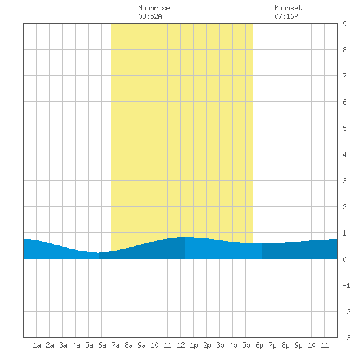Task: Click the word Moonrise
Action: pyautogui.click(x=154, y=8)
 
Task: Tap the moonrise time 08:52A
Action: pyautogui.click(x=150, y=16)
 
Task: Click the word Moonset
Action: pyautogui.click(x=288, y=8)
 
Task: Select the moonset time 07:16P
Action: pyautogui.click(x=286, y=16)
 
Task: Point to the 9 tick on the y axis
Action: pyautogui.click(x=344, y=24)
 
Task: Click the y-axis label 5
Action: pyautogui.click(x=344, y=128)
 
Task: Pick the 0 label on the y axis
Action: pyautogui.click(x=344, y=259)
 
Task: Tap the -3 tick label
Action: pyautogui.click(x=346, y=338)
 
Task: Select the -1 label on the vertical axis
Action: pyautogui.click(x=346, y=285)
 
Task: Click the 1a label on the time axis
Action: pyautogui.click(x=37, y=345)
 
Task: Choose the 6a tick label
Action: pyautogui.click(x=102, y=345)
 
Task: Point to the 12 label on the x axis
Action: pyautogui.click(x=181, y=345)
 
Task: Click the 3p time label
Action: pyautogui.click(x=220, y=345)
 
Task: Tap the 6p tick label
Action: pyautogui.click(x=259, y=345)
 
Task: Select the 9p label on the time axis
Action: pyautogui.click(x=298, y=345)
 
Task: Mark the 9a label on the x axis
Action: pyautogui.click(x=141, y=345)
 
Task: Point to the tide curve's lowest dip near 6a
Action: pyautogui.click(x=99, y=253)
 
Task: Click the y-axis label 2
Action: pyautogui.click(x=344, y=207)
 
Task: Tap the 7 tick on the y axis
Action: pyautogui.click(x=344, y=76)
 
